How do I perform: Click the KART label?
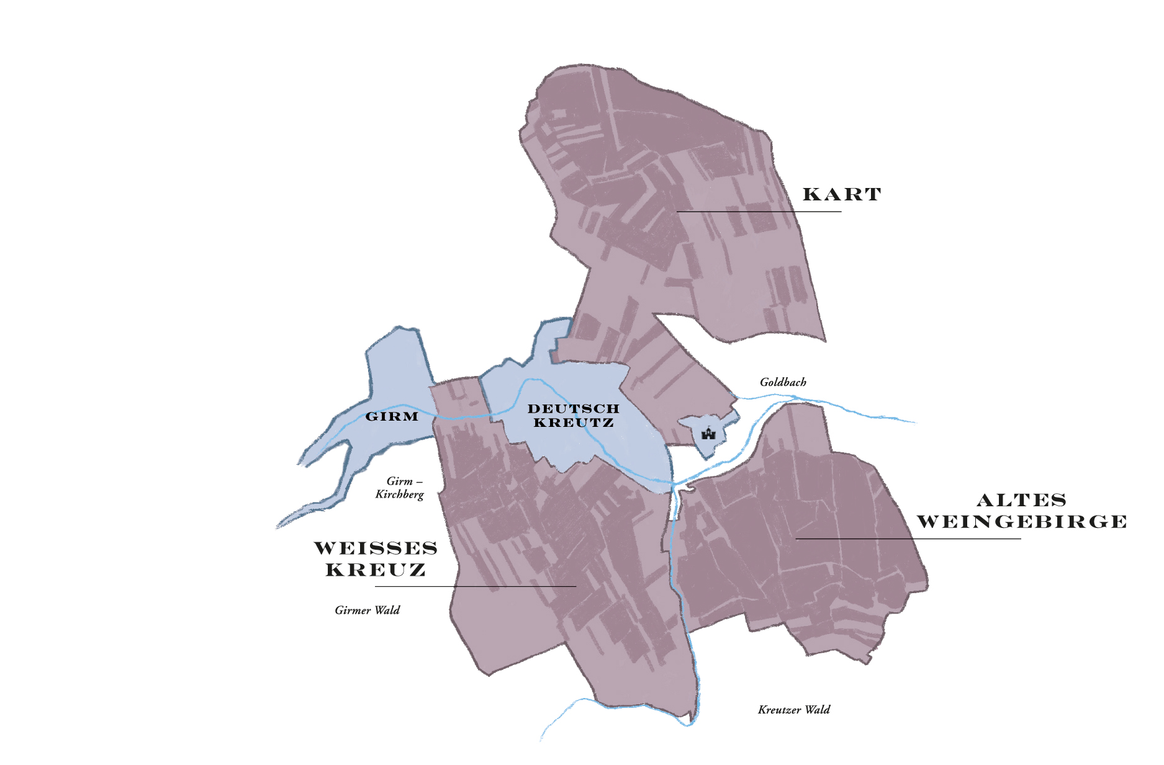click(x=841, y=194)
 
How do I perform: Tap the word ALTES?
click(x=1021, y=500)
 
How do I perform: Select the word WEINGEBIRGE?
click(x=1022, y=522)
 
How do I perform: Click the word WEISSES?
click(x=376, y=548)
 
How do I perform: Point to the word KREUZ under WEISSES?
click(x=376, y=570)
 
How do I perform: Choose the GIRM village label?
click(x=392, y=416)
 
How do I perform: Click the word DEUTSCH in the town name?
click(x=573, y=408)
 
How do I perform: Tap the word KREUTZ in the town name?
click(x=573, y=423)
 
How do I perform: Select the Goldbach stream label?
click(x=783, y=382)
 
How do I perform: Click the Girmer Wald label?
click(x=367, y=610)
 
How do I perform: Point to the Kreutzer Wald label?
click(x=793, y=709)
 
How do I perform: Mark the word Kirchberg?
click(x=399, y=494)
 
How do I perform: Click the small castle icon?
click(x=708, y=432)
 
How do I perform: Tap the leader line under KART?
click(x=759, y=212)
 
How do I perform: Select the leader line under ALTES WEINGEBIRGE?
click(x=908, y=539)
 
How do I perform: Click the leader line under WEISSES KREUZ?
click(x=475, y=586)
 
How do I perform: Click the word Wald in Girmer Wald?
click(x=387, y=610)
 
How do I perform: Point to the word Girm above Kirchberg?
click(x=399, y=481)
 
